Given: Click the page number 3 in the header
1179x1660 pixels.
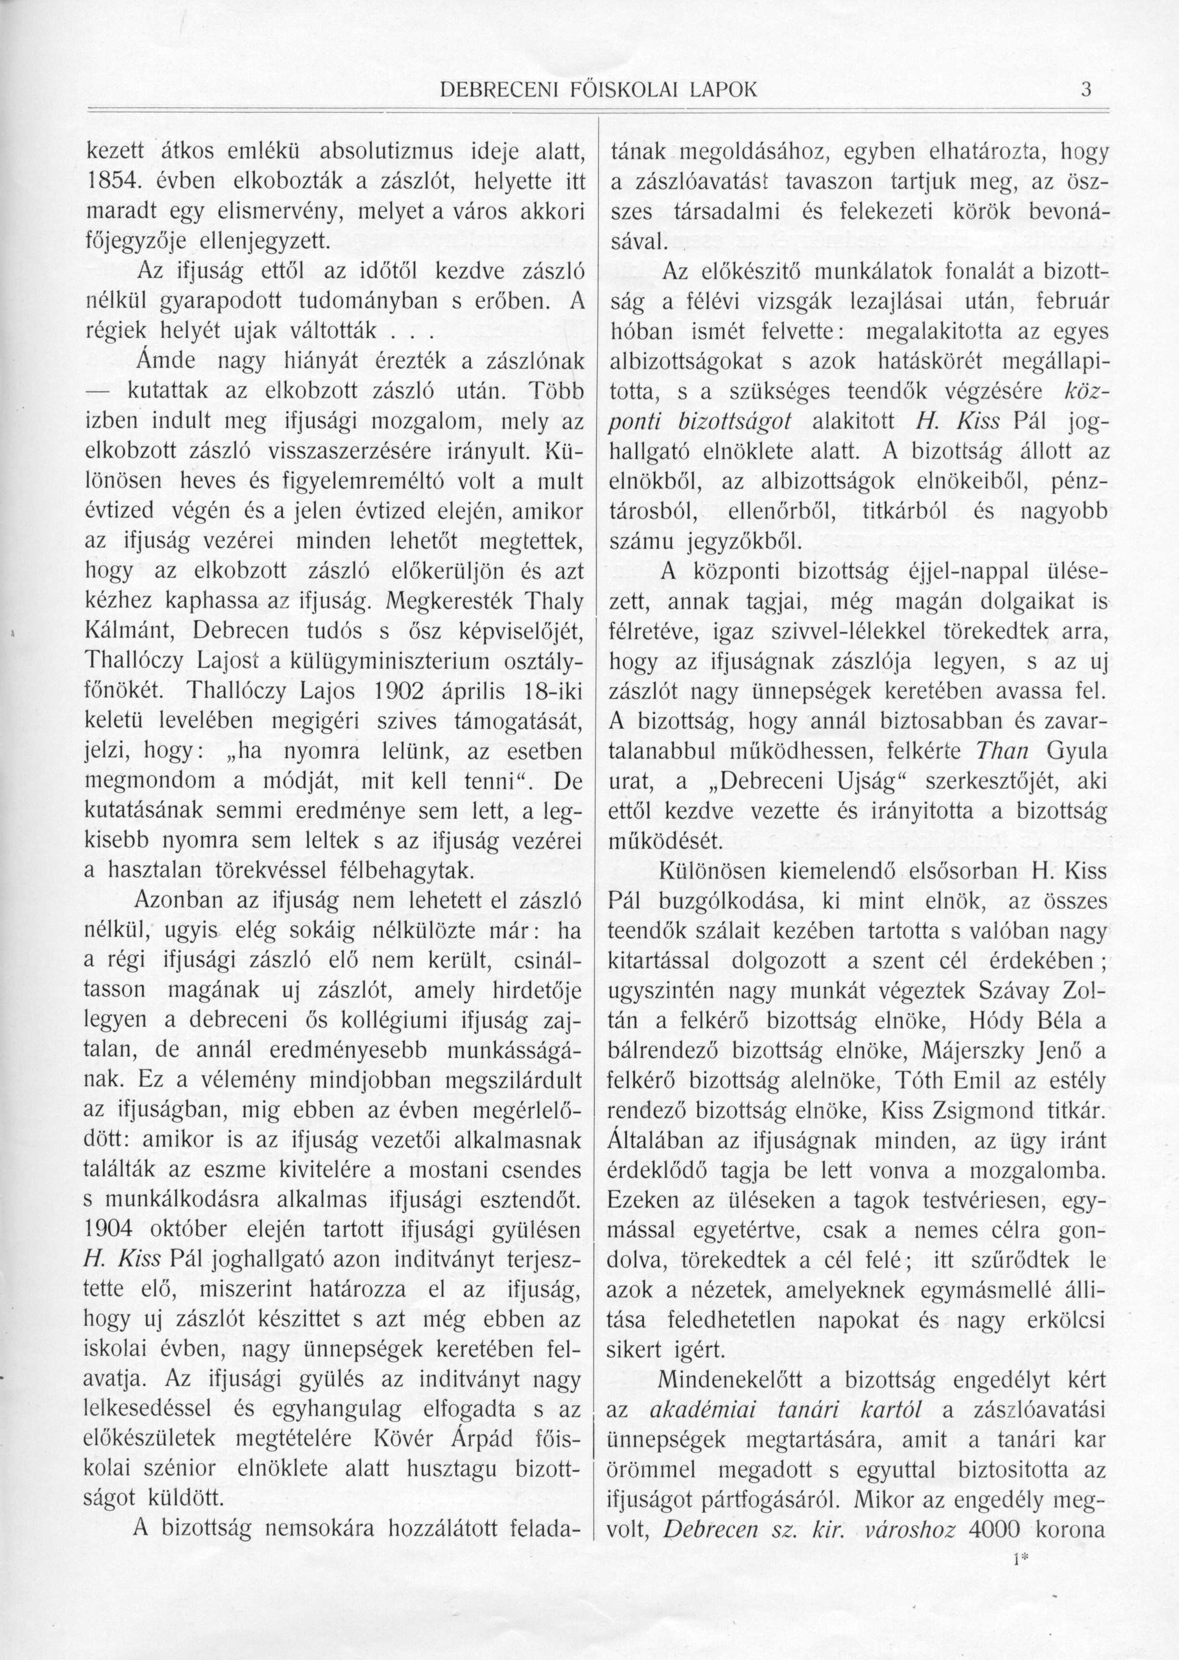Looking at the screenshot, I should [x=1086, y=90].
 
